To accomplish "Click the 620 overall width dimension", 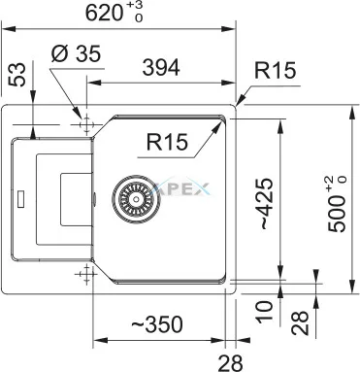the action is (115, 13).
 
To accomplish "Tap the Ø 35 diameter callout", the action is (77, 53).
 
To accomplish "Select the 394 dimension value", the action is (161, 68).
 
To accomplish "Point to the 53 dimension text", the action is (17, 75).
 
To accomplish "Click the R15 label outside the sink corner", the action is (275, 70).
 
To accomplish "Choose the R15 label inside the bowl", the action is (167, 142).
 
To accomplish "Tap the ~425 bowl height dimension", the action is (267, 204).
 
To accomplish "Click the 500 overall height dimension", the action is (337, 204).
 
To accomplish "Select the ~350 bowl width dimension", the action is (157, 324).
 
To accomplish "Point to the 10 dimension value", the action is (265, 312).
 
